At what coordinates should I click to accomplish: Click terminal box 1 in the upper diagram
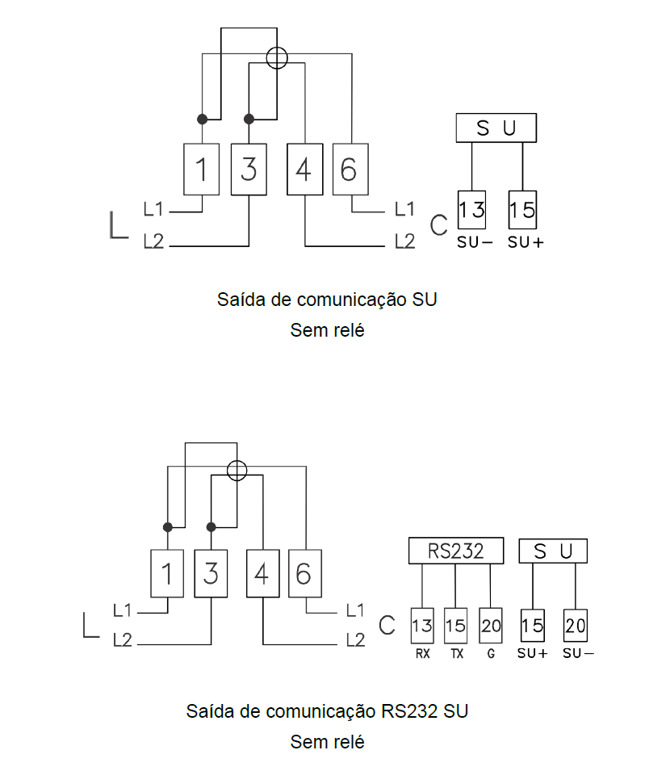[x=202, y=170]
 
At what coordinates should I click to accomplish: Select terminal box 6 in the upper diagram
[x=350, y=170]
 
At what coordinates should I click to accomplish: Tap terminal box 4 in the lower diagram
[x=263, y=573]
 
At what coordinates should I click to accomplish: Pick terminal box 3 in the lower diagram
[x=211, y=573]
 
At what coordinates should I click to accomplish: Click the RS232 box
[x=456, y=551]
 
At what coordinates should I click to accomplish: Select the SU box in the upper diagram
[x=496, y=128]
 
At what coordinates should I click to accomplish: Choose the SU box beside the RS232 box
[x=553, y=551]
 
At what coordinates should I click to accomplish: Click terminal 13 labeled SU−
[x=472, y=210]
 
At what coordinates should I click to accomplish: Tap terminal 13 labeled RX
[x=422, y=626]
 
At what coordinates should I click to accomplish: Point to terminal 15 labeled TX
[x=455, y=626]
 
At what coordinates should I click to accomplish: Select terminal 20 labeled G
[x=491, y=626]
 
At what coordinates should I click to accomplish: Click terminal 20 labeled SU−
[x=575, y=626]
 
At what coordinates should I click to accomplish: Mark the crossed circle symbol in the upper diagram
[x=277, y=58]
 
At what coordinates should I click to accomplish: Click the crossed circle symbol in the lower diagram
[x=237, y=471]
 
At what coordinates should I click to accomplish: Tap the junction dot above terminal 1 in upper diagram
[x=202, y=119]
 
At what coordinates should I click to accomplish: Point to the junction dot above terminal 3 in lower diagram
[x=211, y=527]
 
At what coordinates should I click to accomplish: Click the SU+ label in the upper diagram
[x=526, y=242]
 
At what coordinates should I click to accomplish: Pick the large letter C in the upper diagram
[x=438, y=225]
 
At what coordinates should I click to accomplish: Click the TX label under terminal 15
[x=457, y=653]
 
